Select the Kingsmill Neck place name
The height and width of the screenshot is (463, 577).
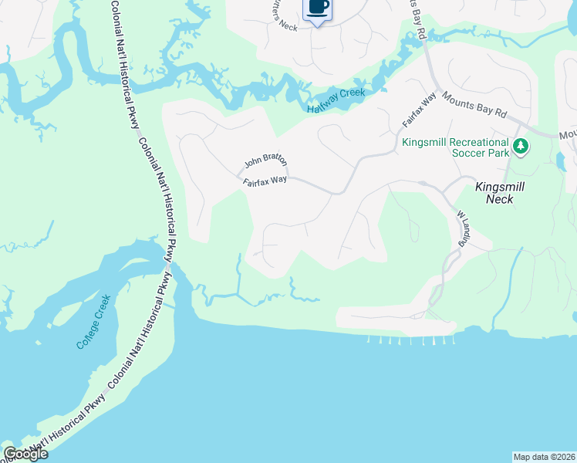(494, 192)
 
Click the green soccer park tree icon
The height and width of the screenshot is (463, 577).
(521, 146)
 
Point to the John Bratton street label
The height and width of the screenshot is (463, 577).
(265, 161)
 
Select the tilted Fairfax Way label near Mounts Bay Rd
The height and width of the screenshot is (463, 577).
(419, 110)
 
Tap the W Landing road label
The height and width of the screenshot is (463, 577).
(463, 228)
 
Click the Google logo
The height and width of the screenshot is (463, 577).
(25, 454)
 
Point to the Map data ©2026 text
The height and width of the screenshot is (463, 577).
(545, 457)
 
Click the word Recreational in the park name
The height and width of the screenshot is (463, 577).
(477, 142)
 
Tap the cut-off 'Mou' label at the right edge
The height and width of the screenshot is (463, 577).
(569, 135)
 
